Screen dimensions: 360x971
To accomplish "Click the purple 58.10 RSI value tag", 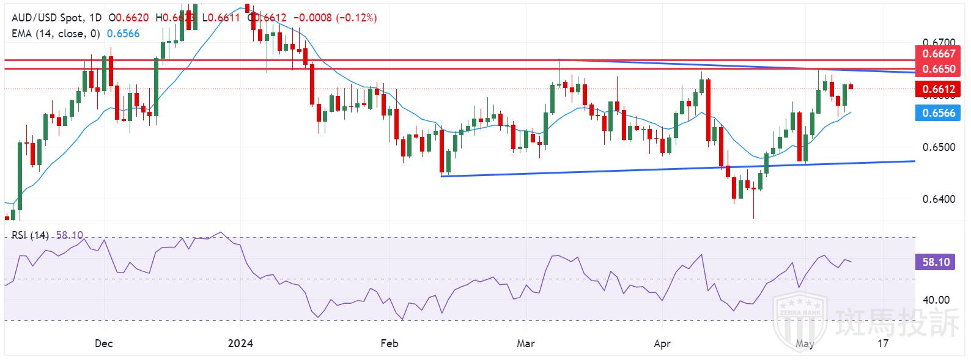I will [x=936, y=262].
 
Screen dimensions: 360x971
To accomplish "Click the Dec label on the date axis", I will [x=104, y=343].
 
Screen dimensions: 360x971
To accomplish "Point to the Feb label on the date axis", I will [x=389, y=343].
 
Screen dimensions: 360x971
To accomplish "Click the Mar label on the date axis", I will [x=526, y=343].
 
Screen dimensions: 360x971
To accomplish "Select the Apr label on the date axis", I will [x=662, y=343].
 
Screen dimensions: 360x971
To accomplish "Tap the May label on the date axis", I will [x=805, y=343].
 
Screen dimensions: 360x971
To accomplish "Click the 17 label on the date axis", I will [x=882, y=343].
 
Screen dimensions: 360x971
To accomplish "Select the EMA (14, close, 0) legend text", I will [x=56, y=34].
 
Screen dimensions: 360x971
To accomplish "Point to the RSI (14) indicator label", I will [x=30, y=235].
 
